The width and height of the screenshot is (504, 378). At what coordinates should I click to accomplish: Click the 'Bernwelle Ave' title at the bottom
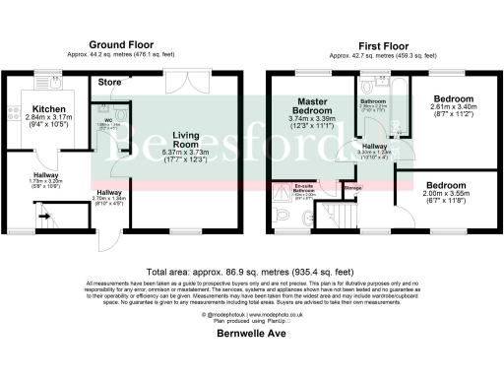tap(251, 334)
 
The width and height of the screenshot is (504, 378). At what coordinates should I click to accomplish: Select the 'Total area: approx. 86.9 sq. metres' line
tap(251, 271)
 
